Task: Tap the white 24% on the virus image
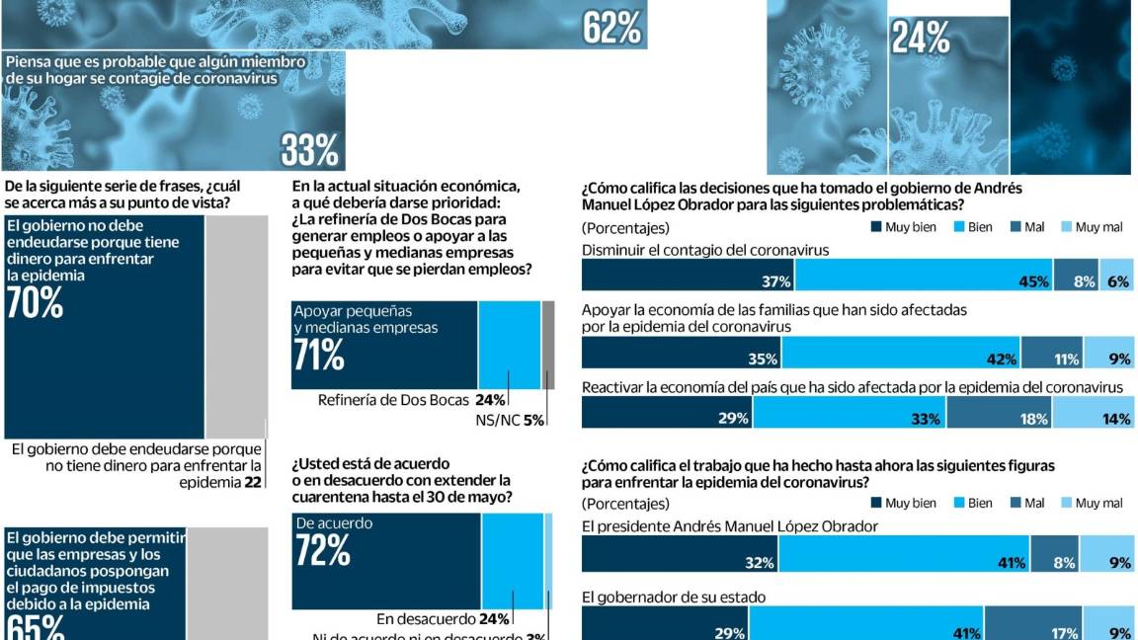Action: click(920, 38)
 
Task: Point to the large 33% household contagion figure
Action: click(309, 150)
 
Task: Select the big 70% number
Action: click(35, 304)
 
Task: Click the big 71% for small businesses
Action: click(319, 355)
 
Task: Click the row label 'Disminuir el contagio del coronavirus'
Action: click(704, 250)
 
